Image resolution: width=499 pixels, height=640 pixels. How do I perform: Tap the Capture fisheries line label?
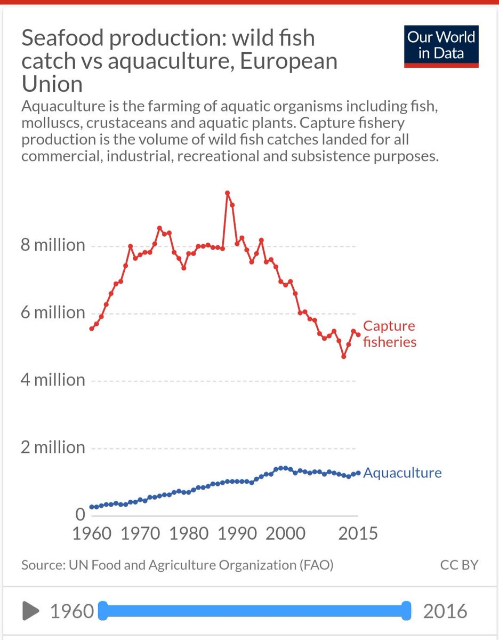(389, 334)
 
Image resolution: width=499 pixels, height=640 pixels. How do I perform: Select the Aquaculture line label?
(403, 473)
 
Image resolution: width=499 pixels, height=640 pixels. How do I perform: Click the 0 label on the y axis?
(80, 514)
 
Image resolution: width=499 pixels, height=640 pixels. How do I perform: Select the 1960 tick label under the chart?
(91, 533)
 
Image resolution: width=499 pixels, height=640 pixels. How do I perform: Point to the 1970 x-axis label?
(140, 533)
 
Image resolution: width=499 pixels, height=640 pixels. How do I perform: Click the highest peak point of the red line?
(227, 193)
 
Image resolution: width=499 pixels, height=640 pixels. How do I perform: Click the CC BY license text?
(459, 565)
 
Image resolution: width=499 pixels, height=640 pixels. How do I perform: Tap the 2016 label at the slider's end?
(445, 611)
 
